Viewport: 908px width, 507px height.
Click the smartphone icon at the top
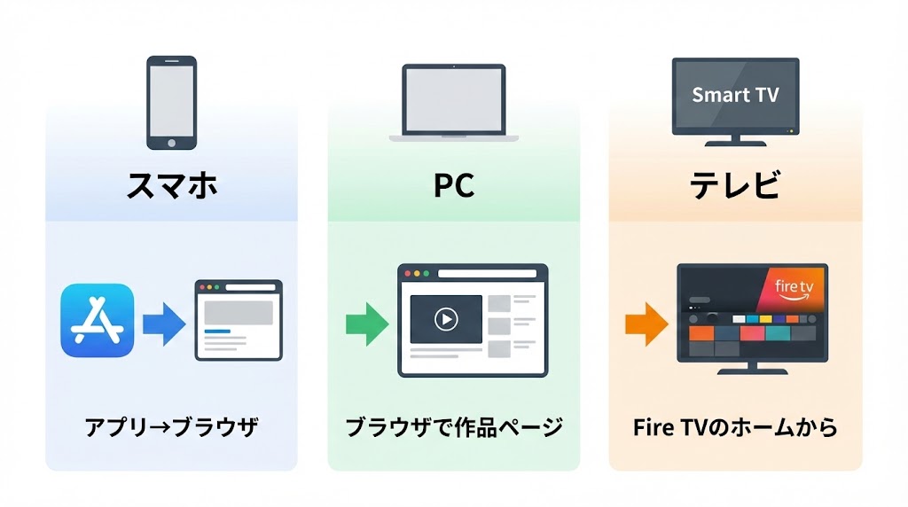[x=171, y=102]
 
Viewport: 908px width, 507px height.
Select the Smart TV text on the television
[x=735, y=95]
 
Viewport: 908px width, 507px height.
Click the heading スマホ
[x=171, y=186]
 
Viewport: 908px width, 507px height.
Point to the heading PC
[x=453, y=186]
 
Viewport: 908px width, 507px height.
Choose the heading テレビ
[x=735, y=186]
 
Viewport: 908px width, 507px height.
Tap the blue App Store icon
[x=98, y=321]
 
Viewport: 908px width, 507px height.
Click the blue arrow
[x=163, y=322]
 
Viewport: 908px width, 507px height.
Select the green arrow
[x=366, y=322]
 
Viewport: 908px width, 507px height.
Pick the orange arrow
[x=646, y=322]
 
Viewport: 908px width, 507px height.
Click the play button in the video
[x=446, y=319]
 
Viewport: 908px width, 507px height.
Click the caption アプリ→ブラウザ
[x=171, y=427]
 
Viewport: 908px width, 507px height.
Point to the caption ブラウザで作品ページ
[x=453, y=427]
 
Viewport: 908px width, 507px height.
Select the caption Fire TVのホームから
[x=735, y=427]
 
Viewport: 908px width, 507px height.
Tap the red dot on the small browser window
[x=203, y=287]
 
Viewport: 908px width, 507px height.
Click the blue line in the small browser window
[x=217, y=331]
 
